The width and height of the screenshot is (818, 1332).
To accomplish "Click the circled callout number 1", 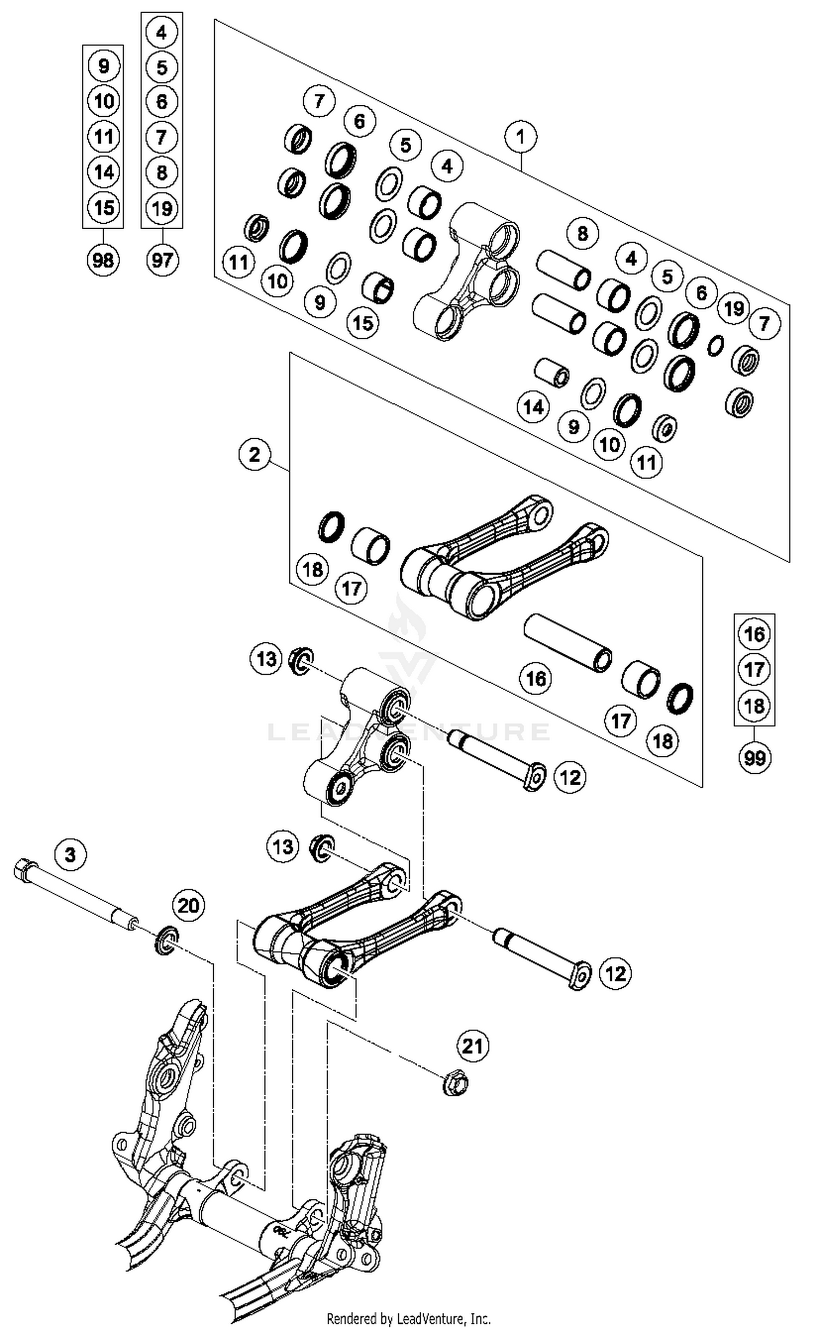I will point(520,136).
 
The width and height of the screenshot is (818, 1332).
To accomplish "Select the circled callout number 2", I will point(255,454).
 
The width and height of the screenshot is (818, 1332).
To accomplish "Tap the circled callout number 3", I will point(70,854).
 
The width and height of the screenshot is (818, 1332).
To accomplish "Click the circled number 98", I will point(103,260).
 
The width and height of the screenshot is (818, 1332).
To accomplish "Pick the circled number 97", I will point(162,260).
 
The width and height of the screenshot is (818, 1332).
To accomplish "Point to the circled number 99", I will point(754,757).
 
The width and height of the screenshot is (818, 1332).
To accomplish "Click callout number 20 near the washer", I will point(188,906).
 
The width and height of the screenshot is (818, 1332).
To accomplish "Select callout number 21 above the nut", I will point(473,1046).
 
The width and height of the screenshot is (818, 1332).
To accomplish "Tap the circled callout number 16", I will point(536,678).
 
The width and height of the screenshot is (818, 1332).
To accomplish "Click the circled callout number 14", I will point(533,407).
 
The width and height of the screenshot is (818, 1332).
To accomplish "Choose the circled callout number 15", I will point(363,323).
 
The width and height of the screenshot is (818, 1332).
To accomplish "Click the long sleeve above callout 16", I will point(567,643).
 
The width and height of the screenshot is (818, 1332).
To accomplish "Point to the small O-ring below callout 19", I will point(715,345).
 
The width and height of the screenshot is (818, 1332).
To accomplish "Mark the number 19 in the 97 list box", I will point(162,208).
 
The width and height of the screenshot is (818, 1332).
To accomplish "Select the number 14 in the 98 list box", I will point(104,172).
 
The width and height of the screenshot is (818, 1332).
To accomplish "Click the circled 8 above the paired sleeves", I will point(582,234).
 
